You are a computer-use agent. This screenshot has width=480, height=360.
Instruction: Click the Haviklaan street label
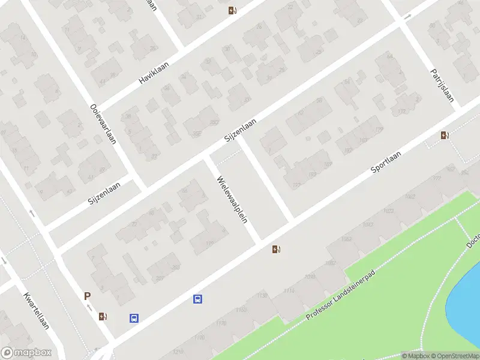pos(155,76)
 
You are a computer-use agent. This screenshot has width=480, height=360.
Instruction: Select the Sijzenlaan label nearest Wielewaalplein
pos(240,130)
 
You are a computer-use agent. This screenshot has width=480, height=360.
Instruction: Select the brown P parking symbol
pos(88,296)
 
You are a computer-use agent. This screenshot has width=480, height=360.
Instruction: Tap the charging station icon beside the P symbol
pos(103,316)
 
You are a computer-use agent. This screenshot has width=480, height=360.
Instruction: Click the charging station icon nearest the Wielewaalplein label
pos(277,249)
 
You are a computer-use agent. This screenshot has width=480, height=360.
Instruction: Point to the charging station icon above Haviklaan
pos(232,10)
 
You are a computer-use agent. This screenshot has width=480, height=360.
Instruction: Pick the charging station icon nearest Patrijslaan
pos(445,135)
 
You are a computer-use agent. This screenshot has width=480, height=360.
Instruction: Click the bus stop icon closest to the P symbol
pos(134,319)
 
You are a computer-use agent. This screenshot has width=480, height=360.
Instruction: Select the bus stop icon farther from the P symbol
pos(197,299)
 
